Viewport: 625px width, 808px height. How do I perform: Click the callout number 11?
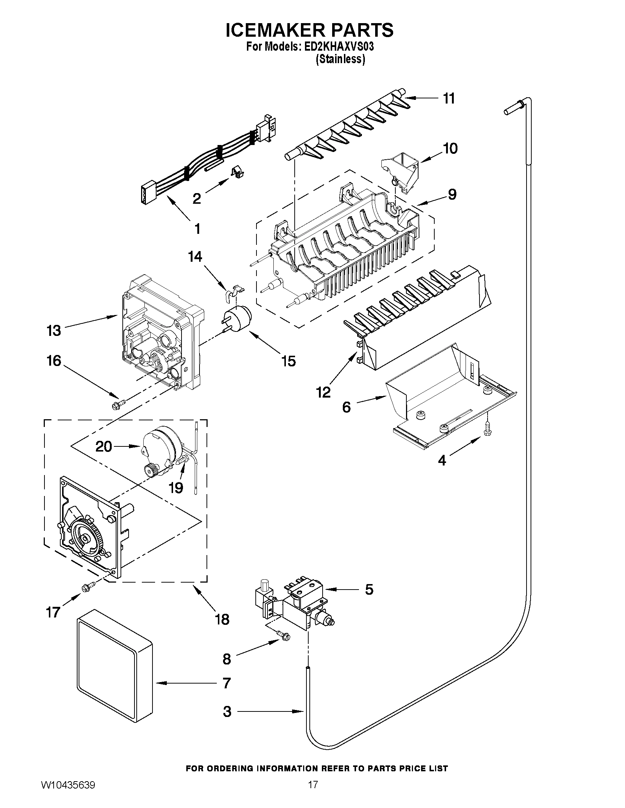449,99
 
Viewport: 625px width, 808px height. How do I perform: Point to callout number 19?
176,488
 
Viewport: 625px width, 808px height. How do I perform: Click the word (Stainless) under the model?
340,59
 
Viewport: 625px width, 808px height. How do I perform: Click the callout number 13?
54,330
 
